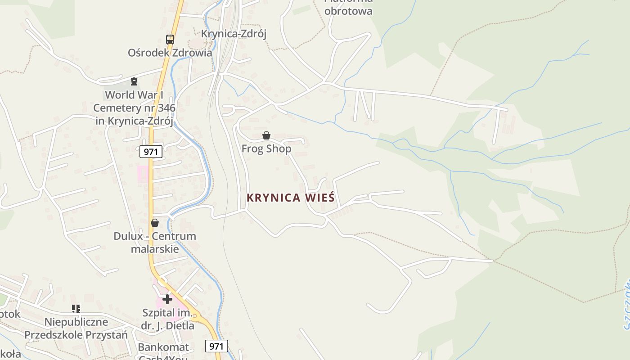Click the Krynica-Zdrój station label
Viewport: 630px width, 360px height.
(x=234, y=34)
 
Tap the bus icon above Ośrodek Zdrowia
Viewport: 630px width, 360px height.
(x=170, y=40)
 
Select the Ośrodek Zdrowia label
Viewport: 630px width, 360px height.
(x=170, y=53)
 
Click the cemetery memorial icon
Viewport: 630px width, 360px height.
(x=134, y=81)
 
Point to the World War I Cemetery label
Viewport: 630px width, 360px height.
(x=134, y=108)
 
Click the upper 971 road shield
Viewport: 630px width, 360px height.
(x=150, y=152)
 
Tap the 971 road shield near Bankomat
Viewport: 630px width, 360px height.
(x=216, y=346)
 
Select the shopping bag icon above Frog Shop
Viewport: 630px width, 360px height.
(x=266, y=135)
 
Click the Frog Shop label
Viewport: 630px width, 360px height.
(x=266, y=148)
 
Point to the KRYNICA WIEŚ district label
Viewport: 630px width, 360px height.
(x=291, y=198)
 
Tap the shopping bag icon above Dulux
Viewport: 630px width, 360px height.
(x=155, y=223)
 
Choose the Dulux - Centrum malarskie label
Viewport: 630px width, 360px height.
(x=155, y=242)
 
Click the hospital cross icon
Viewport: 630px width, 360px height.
(x=167, y=299)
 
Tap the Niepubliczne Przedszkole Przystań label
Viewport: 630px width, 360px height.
(x=76, y=328)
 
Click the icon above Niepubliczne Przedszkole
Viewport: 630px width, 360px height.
(x=76, y=309)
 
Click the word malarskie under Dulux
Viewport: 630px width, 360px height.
(x=155, y=249)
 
